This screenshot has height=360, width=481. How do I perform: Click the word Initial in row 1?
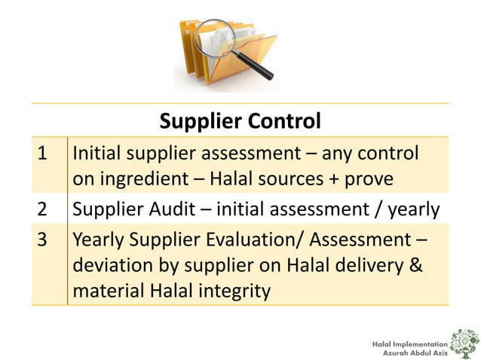97,154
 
